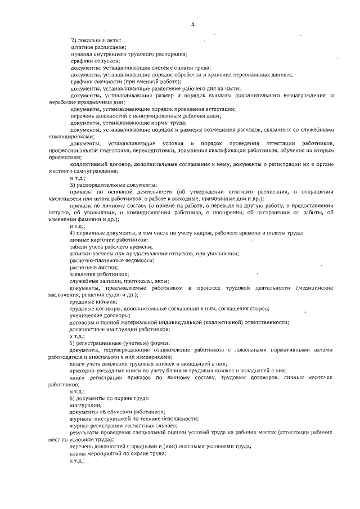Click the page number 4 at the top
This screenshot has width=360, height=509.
coord(192,24)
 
